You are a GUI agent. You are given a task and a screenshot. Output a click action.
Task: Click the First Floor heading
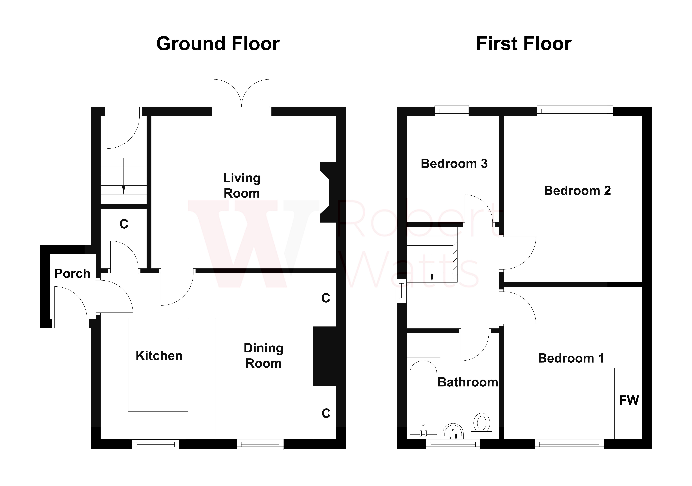click(524, 44)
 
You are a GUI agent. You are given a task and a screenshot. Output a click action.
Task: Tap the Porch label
click(72, 273)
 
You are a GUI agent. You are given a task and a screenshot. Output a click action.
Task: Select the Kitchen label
click(159, 356)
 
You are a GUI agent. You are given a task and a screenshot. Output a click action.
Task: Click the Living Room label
click(242, 186)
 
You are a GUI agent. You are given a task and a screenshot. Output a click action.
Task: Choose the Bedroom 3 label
click(454, 164)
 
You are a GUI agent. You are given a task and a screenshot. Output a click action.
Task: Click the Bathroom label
click(468, 382)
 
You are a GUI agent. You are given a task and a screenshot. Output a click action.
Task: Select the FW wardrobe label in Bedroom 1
click(629, 400)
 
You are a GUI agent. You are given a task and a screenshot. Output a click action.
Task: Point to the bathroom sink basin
click(453, 432)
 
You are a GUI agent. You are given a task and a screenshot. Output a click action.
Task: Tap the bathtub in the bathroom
click(423, 397)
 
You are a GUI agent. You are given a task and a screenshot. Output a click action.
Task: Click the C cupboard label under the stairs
click(124, 224)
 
